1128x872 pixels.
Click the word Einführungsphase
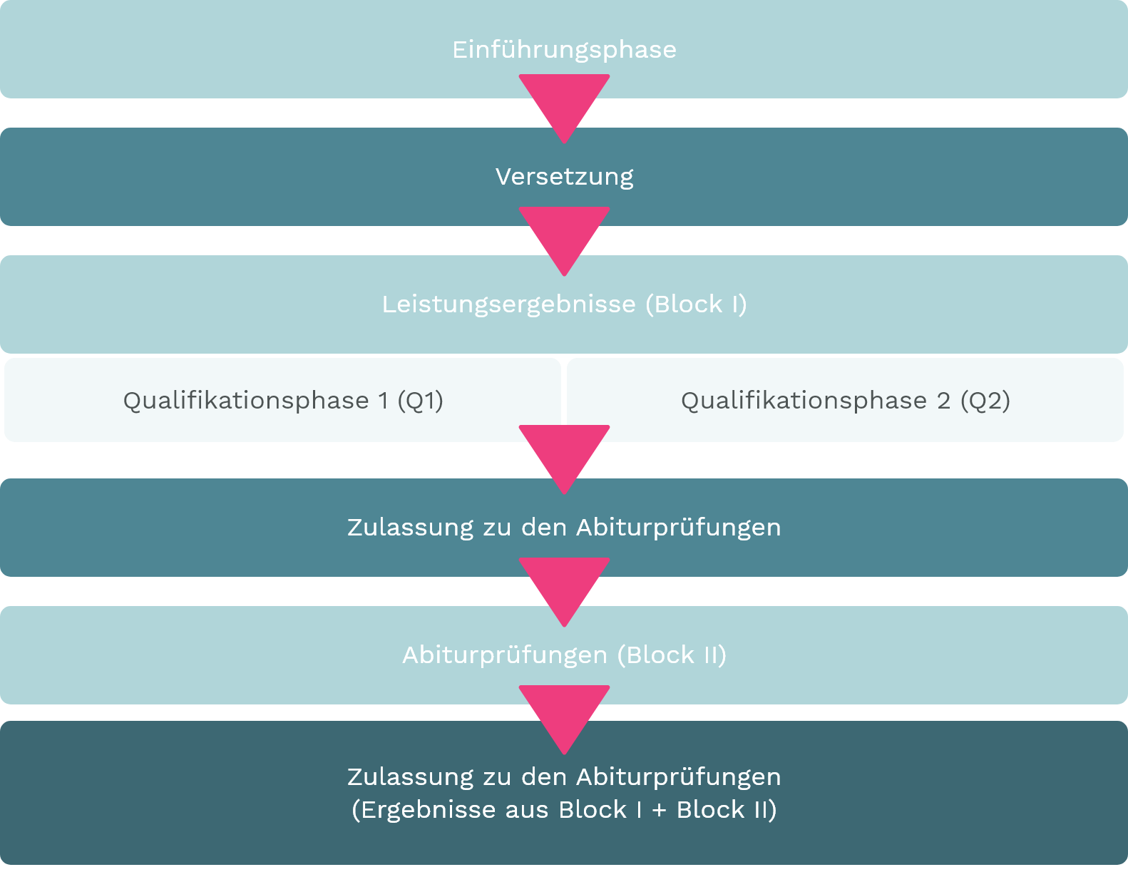tap(564, 50)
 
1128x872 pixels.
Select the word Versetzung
tap(564, 177)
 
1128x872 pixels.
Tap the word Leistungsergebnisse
tap(508, 304)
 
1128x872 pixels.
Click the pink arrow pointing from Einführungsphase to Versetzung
tap(564, 103)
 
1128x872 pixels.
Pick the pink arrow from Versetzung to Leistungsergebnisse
tap(564, 236)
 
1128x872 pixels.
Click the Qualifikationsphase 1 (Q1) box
tap(282, 400)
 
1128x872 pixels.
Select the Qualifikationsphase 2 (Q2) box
tap(845, 400)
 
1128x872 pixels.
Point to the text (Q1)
tap(420, 401)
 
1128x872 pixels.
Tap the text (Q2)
tap(985, 401)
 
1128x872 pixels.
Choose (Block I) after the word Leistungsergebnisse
tap(696, 304)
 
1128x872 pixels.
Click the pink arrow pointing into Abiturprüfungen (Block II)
tap(564, 587)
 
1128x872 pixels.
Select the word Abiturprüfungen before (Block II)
tap(505, 655)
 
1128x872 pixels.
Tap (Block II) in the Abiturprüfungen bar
tap(672, 655)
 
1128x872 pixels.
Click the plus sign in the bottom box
tap(660, 810)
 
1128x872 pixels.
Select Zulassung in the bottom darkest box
tap(410, 777)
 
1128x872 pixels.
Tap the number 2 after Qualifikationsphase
tap(943, 401)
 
